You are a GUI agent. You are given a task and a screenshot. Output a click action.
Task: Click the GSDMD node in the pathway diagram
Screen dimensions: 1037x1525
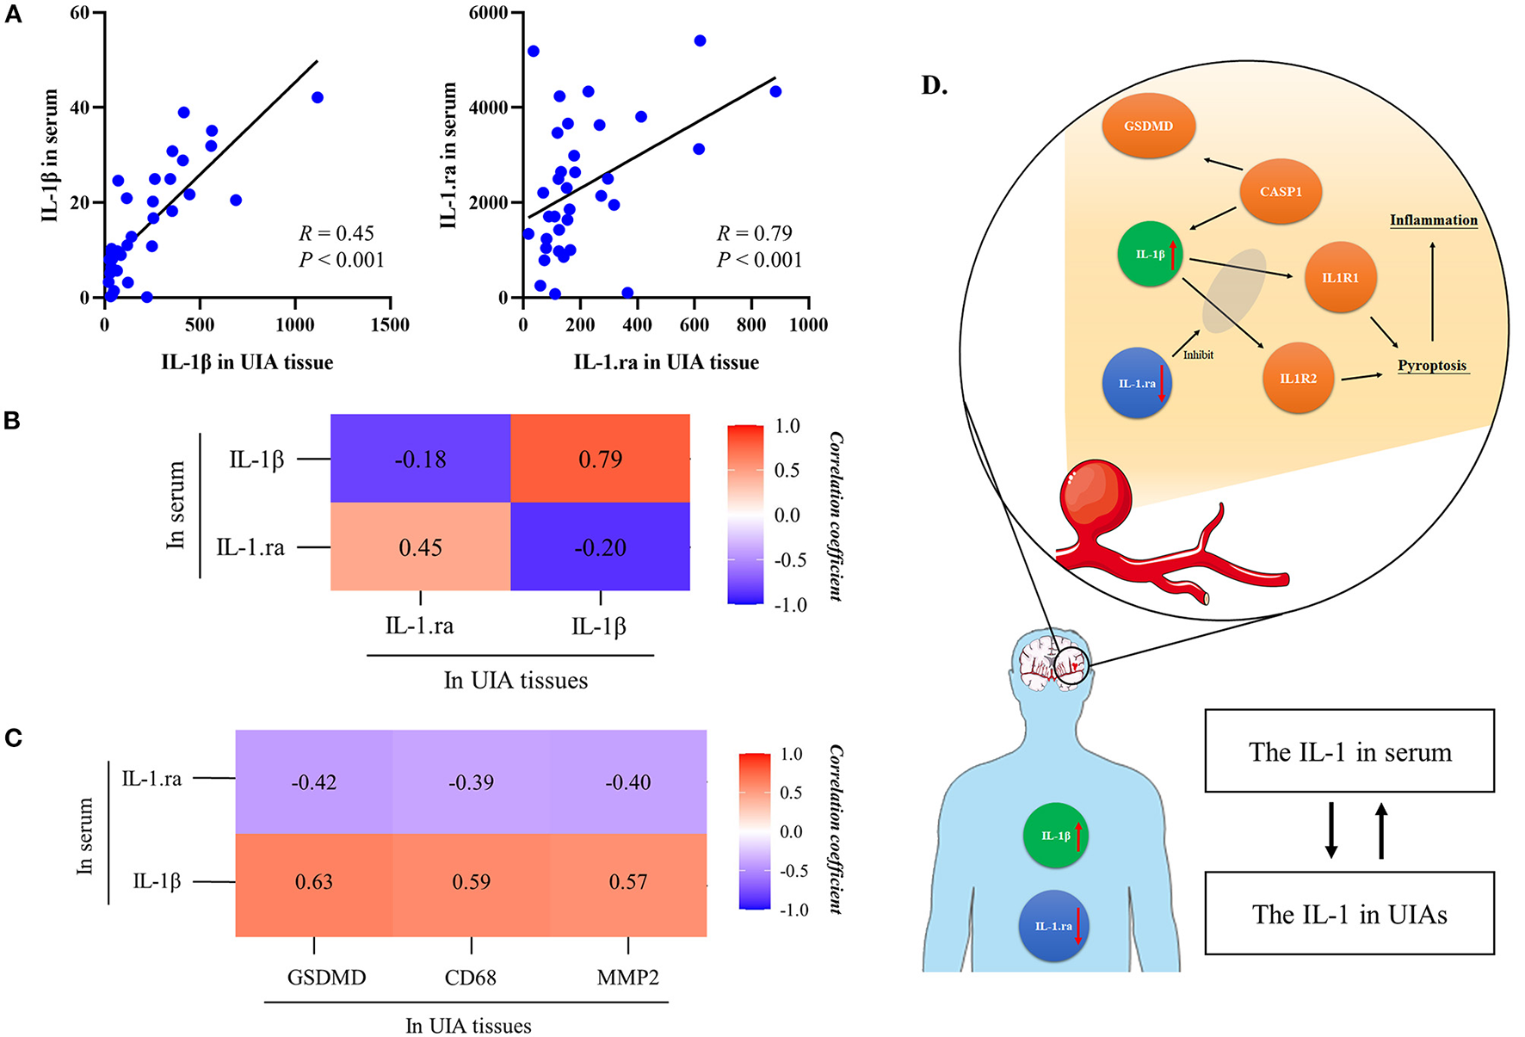1149,126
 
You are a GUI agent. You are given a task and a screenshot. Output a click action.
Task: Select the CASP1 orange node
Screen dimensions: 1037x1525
1281,191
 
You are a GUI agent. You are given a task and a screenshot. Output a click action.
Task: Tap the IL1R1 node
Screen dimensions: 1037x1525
1340,277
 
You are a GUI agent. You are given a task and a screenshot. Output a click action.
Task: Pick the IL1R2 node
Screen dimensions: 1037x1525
1298,378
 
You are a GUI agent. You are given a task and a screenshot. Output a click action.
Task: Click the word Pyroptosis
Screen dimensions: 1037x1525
1432,365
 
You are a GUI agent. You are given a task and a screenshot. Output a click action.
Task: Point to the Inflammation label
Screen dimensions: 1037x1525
1433,220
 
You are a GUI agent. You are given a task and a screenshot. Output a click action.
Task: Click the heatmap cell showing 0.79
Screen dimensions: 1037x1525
600,459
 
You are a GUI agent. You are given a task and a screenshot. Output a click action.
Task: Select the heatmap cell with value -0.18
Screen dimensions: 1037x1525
420,459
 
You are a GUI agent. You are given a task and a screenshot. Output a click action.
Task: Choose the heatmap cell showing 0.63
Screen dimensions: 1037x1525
313,882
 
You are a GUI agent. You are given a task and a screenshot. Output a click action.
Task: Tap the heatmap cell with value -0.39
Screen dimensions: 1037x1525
471,782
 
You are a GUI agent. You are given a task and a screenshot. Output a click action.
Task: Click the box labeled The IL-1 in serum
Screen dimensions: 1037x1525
1349,751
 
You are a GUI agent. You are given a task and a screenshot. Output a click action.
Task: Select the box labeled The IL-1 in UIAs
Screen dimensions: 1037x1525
1349,913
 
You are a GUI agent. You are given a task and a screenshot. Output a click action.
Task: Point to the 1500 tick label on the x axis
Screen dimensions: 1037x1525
390,324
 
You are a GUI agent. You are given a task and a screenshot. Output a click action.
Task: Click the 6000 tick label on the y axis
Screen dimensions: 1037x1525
487,13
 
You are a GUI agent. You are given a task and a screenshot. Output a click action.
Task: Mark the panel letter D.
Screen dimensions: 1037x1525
934,85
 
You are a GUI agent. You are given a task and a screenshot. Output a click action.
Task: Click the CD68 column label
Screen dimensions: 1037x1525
470,978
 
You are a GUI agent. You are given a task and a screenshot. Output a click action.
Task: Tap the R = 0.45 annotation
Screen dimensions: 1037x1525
336,233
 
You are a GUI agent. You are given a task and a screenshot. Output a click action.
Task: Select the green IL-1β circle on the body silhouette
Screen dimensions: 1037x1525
1056,836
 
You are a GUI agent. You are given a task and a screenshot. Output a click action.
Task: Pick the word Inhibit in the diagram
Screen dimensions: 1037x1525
1198,355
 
